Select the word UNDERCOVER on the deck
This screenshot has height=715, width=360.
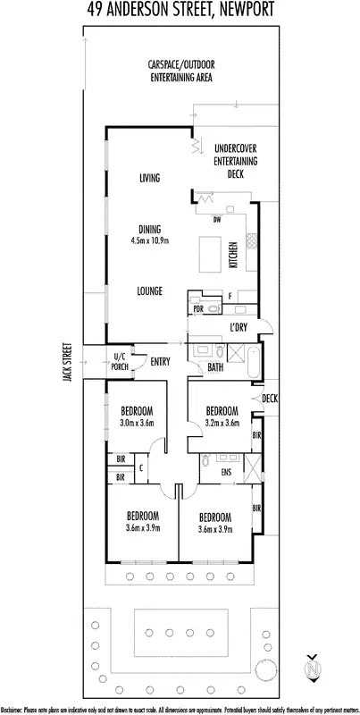pos(236,148)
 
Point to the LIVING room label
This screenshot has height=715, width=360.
pos(149,179)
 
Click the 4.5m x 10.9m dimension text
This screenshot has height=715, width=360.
pos(149,240)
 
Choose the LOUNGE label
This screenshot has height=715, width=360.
pos(149,290)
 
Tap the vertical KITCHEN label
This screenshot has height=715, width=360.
pos(235,255)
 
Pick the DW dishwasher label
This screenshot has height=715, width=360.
pos(216,220)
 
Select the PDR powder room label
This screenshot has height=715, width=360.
pos(197,309)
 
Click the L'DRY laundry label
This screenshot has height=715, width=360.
pos(238,328)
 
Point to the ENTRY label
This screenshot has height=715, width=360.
pos(161,361)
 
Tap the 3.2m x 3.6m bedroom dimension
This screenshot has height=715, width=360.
pos(222,424)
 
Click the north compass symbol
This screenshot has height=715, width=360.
pos(313,667)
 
